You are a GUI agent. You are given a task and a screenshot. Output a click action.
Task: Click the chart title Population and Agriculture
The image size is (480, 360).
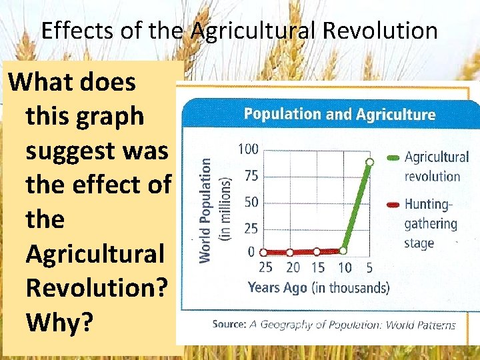tap(339, 114)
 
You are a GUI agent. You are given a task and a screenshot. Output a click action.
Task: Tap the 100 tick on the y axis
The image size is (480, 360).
tap(248, 149)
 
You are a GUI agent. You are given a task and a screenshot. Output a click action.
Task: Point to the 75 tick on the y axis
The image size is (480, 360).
tap(251, 176)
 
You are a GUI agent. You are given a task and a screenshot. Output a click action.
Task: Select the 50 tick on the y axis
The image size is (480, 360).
tap(251, 201)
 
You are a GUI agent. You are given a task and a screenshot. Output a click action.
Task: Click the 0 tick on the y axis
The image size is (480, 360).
tap(251, 251)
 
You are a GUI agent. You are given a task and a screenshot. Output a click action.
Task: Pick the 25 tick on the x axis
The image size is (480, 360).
tap(265, 268)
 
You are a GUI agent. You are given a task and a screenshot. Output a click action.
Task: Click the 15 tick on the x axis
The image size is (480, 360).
tap(317, 268)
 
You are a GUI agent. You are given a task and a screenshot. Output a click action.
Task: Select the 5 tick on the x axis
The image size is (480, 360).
tap(369, 268)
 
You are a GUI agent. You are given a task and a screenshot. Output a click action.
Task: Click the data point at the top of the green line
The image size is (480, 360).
tap(369, 162)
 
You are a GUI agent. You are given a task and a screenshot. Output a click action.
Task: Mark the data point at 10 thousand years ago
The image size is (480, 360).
tap(343, 251)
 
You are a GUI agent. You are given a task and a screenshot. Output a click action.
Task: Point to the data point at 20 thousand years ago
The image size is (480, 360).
tap(290, 253)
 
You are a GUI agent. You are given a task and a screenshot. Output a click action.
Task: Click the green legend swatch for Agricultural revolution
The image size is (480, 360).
tap(393, 158)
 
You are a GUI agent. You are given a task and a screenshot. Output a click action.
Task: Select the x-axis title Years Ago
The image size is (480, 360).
tap(277, 287)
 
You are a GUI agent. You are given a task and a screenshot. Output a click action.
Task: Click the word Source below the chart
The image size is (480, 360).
tap(229, 324)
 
